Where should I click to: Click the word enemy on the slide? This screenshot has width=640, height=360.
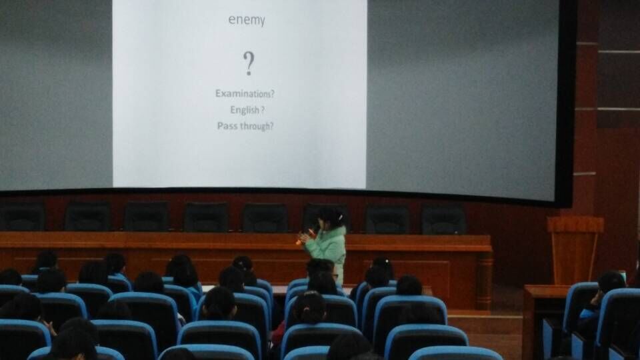pos(247,20)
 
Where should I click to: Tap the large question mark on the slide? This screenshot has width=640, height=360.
pos(249,63)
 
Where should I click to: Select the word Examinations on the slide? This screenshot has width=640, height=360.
pos(243,93)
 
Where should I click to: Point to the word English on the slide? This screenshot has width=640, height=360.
pos(245,110)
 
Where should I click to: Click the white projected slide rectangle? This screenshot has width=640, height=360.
pos(239,94)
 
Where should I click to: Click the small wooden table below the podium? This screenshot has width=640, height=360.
pos(543,319)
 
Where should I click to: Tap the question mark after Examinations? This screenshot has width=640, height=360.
pos(272,94)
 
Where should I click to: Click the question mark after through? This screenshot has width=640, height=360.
pos(271,126)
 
